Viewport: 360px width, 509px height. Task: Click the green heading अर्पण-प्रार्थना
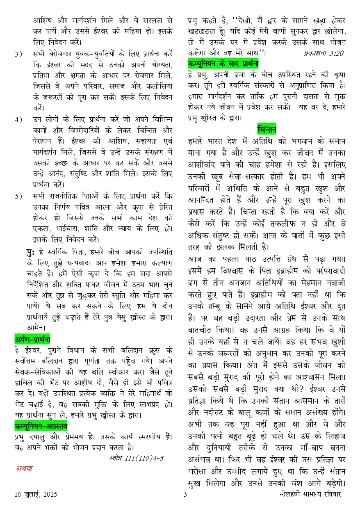tap(32, 339)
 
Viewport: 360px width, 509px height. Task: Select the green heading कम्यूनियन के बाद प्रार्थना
tap(223, 64)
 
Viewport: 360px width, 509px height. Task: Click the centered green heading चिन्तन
tap(267, 129)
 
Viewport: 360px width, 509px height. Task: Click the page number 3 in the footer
tap(185, 494)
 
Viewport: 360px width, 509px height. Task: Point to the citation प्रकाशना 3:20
tap(324, 53)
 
